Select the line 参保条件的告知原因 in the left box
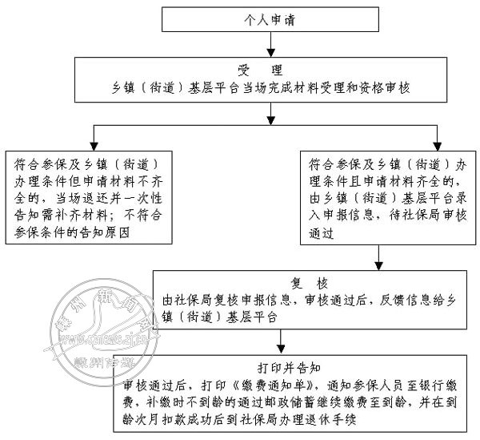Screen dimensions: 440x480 (x=71, y=232)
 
